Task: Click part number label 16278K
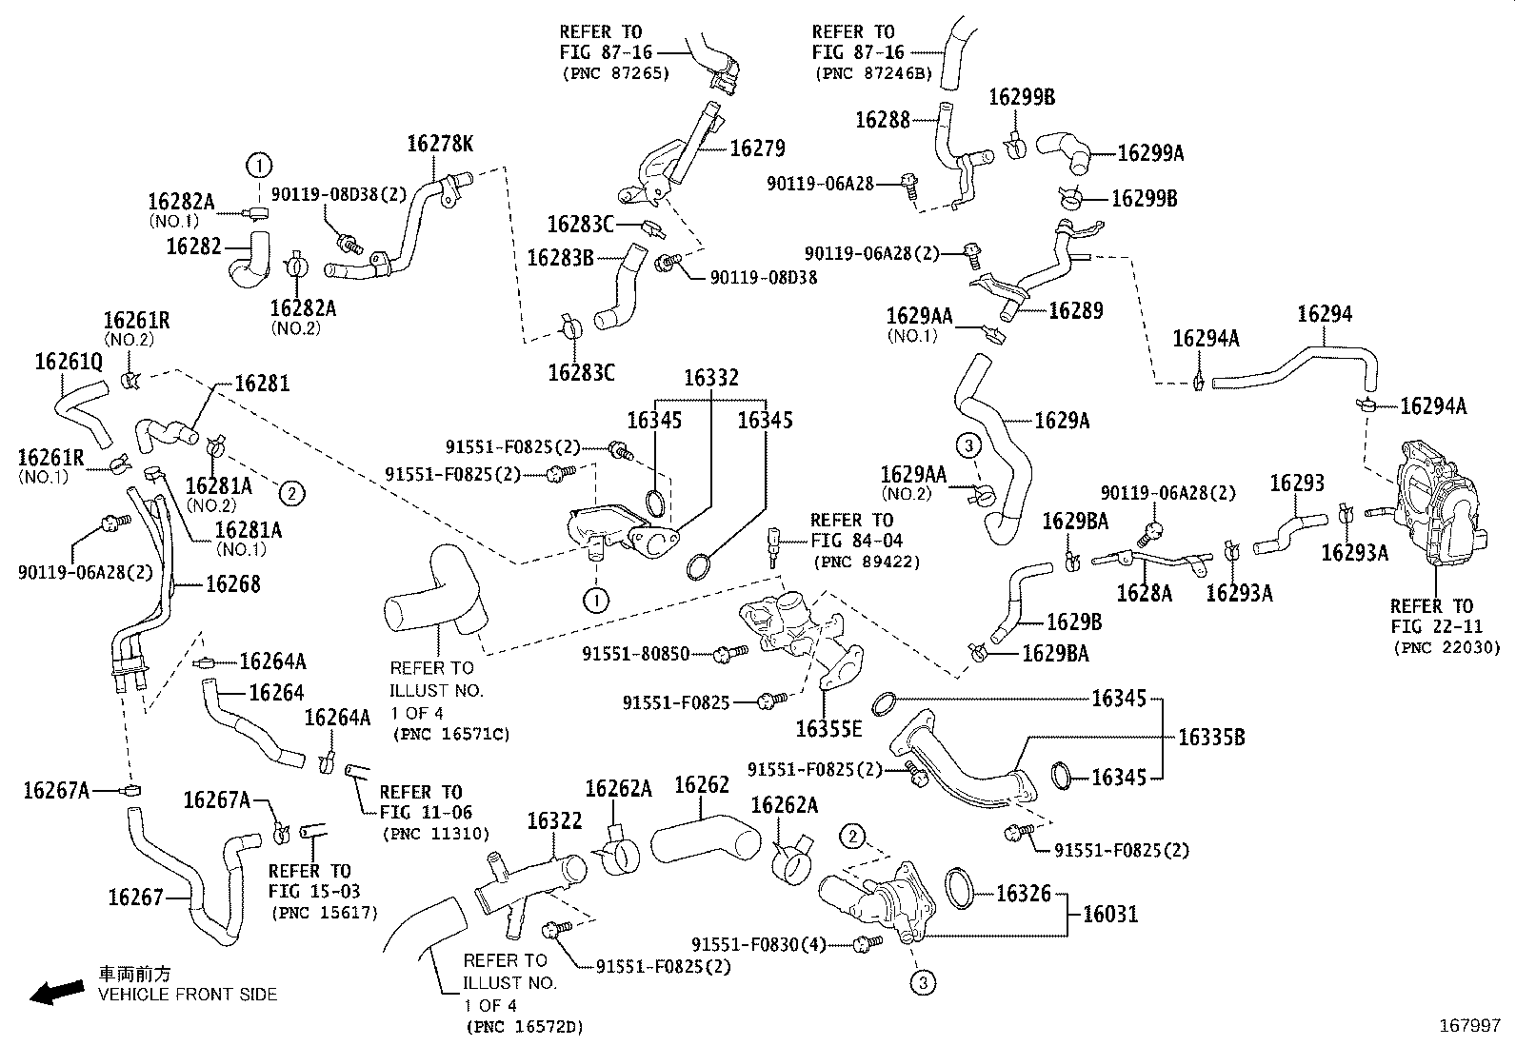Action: [x=439, y=144]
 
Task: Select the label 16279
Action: [x=757, y=148]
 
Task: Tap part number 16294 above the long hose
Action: [x=1324, y=315]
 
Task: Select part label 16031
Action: [x=1110, y=915]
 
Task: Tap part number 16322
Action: [x=554, y=820]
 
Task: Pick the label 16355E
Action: [x=828, y=729]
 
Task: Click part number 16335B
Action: [x=1211, y=738]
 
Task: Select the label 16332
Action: [x=710, y=379]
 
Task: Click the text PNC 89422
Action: [x=866, y=562]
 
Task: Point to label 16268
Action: [x=232, y=584]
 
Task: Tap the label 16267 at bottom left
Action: [x=135, y=897]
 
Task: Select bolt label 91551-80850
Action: [x=648, y=655]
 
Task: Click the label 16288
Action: [x=883, y=120]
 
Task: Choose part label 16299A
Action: [x=1150, y=153]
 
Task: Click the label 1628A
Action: [x=1144, y=594]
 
